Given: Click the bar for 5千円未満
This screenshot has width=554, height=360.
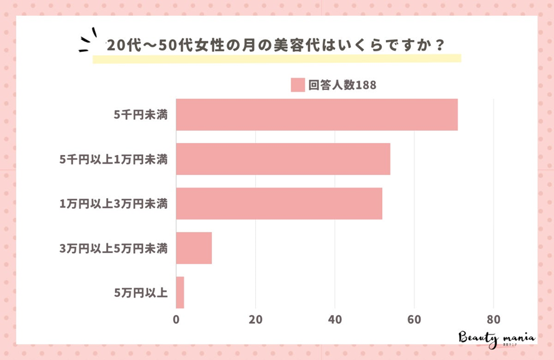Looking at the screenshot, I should pos(316,114).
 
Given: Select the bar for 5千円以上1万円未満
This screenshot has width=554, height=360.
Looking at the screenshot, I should pos(283,159).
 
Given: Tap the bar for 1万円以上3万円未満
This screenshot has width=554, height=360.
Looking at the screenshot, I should pos(279,203).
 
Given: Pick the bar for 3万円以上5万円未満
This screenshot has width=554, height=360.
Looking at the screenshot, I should pos(194,247).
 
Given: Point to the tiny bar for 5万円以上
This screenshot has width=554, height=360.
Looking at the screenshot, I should pos(180,292).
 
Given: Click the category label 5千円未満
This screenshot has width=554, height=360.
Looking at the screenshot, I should pos(141,115).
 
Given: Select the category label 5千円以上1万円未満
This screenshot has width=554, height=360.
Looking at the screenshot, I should pos(113,159).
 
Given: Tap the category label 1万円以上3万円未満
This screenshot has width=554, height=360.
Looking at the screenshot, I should pos(113,204).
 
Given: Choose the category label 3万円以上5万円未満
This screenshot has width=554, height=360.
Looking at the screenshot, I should pos(113,248).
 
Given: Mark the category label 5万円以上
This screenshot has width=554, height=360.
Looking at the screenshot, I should pos(141,292).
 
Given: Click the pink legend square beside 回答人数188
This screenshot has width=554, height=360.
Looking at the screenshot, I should pos(298,85).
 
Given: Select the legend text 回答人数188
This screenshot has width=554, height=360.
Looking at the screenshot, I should pos(342,85).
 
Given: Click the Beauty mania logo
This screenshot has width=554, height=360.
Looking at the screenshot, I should pos(497,337).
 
